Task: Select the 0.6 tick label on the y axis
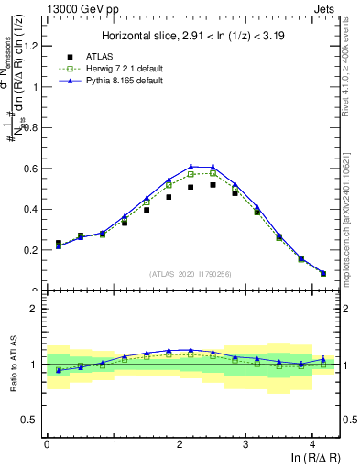(32, 169)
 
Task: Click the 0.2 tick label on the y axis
(32, 250)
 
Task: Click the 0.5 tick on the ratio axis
(32, 420)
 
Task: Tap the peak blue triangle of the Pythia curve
(191, 167)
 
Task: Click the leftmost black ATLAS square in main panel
(59, 244)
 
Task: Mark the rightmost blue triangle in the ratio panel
(323, 360)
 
